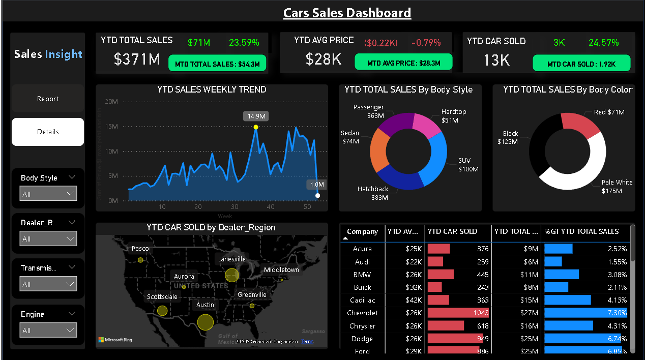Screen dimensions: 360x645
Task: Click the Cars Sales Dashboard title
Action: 347,13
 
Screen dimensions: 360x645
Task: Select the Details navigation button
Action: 48,132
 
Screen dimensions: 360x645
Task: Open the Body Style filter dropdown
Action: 48,194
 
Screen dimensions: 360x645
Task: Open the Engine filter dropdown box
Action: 48,330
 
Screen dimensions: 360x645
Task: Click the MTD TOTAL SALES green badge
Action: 217,64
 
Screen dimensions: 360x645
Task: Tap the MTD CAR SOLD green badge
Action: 581,64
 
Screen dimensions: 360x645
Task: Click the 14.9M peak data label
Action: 255,116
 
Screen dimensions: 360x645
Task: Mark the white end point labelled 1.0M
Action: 317,195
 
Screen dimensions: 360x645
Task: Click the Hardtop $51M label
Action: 453,116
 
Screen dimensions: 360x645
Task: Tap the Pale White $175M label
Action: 617,187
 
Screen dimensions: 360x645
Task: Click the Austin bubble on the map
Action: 205,322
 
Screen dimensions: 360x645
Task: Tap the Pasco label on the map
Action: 140,249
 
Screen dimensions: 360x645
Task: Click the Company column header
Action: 362,232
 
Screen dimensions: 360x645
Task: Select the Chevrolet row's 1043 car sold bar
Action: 458,313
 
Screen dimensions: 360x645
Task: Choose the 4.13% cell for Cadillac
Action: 585,300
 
